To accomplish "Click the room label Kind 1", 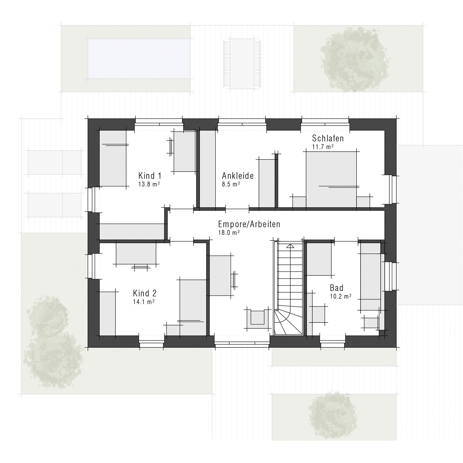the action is pos(150,176).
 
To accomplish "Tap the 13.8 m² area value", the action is pos(149,184).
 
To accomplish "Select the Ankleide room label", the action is pos(238,176).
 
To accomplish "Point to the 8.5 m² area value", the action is pos(231,184).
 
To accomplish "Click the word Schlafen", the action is pos(328,138).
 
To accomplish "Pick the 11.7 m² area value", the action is pos(323,147).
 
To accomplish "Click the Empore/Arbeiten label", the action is pos(249,224).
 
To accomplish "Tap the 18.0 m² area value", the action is pos(229,233).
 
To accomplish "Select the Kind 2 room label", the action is pos(145,293).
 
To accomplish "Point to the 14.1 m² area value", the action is pos(144,302).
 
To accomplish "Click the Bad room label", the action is pos(337,288).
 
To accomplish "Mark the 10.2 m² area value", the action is pos(341,296).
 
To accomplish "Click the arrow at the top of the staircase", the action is pos(290,246).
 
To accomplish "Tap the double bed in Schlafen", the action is pos(331,179).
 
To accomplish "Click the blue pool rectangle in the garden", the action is pos(139,59).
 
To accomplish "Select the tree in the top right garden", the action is pos(354,59).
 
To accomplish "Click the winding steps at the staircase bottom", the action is pos(288,322).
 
